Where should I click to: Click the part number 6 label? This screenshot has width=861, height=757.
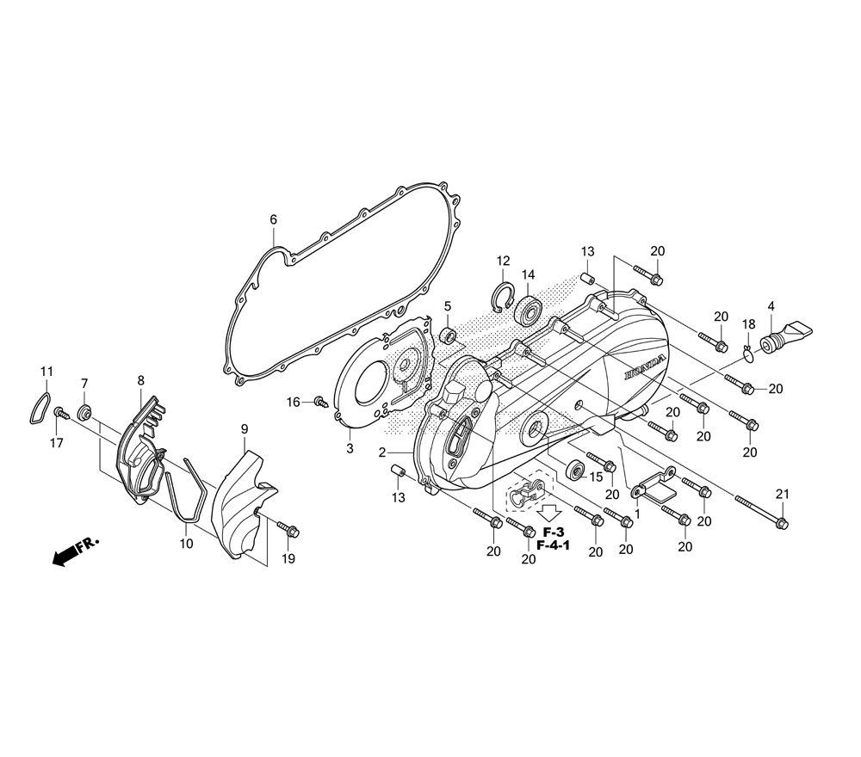coord(274,219)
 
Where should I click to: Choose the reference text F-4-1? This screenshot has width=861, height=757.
coord(553,545)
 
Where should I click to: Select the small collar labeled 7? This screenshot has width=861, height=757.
coord(85,410)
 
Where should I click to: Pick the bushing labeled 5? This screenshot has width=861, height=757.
coord(449,334)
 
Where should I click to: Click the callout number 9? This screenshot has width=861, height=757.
coord(245,428)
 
